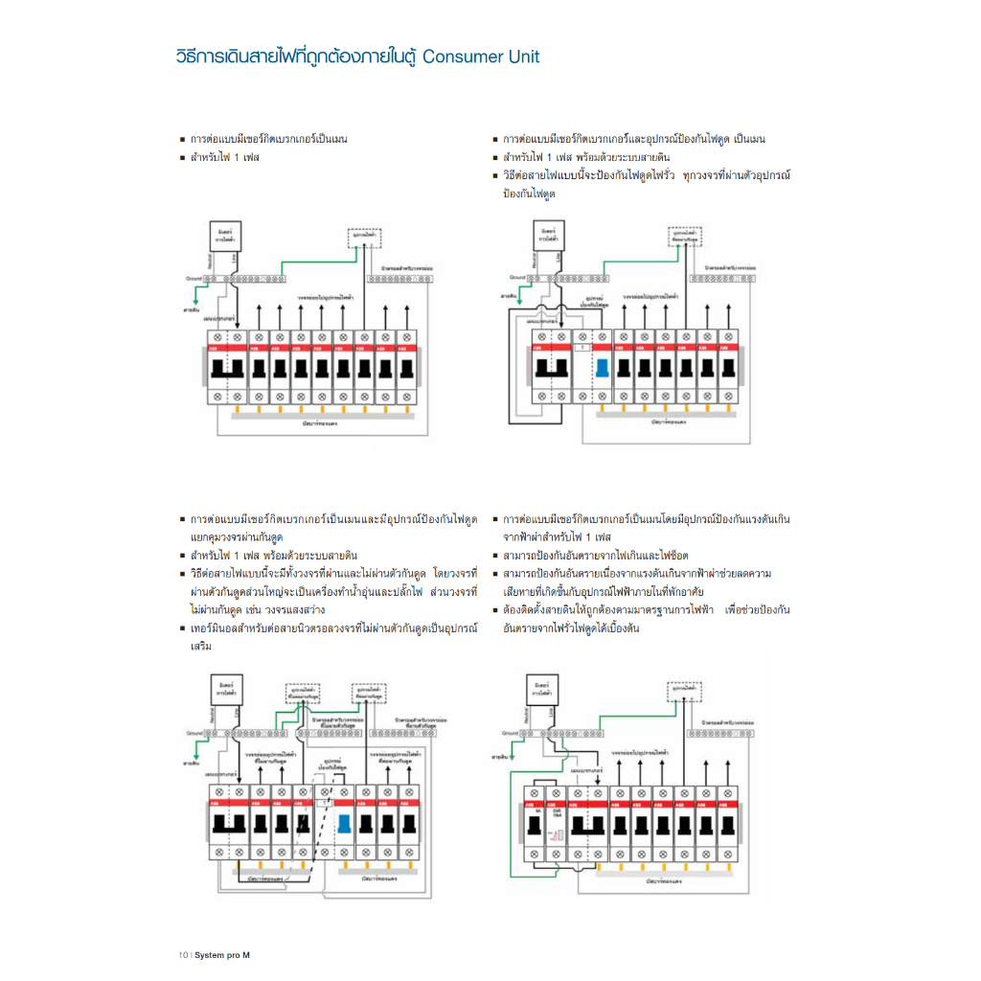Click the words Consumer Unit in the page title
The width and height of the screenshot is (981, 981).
pos(481,57)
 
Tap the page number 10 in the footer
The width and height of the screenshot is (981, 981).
pos(182,955)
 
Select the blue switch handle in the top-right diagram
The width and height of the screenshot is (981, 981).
pos(603,368)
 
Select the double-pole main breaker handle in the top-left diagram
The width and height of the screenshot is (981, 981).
pos(228,369)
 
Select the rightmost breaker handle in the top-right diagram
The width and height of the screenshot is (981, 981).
pos(729,368)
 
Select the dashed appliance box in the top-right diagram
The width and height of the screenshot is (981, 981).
pos(684,236)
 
